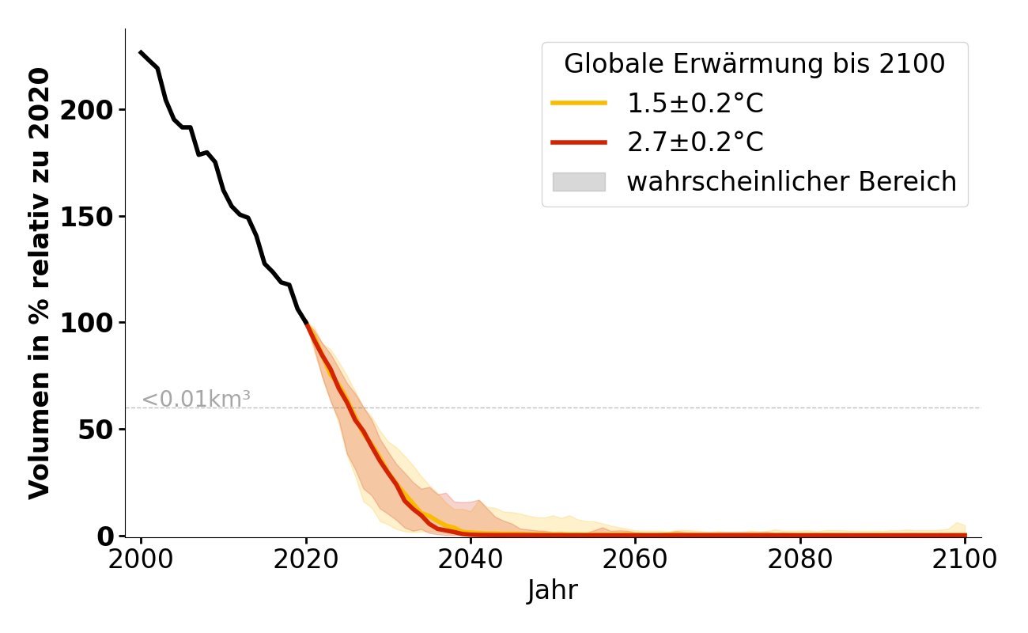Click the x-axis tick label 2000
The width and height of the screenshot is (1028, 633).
(x=141, y=560)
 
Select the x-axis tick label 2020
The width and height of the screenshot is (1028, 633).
(x=306, y=560)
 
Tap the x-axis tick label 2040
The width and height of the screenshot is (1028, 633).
(x=471, y=560)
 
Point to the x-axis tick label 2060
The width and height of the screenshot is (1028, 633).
(x=635, y=560)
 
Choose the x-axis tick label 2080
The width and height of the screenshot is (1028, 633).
(x=800, y=560)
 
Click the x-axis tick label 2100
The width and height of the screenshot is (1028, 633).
(x=965, y=560)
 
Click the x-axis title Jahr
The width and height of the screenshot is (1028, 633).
(x=552, y=590)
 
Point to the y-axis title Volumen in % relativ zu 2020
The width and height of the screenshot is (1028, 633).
(x=40, y=283)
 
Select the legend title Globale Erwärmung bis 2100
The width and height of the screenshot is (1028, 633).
(x=754, y=64)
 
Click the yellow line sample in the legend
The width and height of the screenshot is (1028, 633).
(x=579, y=103)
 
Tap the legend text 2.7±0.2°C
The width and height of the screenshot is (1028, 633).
(x=695, y=142)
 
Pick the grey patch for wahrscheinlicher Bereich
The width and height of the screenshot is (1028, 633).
(x=579, y=182)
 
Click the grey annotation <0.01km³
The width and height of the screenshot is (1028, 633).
(x=196, y=400)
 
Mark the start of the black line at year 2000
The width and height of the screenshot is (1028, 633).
(x=141, y=52)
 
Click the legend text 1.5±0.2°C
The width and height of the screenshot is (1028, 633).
(x=695, y=103)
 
